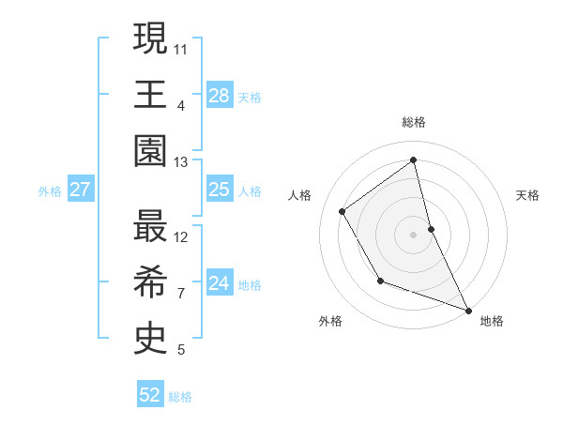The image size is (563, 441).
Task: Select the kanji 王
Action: point(150,94)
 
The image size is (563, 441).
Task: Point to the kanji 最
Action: point(150,227)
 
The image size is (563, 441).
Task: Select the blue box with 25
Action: point(219,190)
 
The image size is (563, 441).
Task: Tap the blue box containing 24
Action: point(219,283)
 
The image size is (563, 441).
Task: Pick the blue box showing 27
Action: point(81,190)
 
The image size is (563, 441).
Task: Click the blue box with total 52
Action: point(150,395)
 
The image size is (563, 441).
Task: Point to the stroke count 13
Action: point(180,163)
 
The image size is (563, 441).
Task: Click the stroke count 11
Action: point(181,48)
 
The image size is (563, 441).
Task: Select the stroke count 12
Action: point(181,237)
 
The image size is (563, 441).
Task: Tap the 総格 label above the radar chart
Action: point(414,123)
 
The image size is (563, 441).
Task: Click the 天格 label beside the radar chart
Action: point(527,195)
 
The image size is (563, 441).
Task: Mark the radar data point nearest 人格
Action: point(342,211)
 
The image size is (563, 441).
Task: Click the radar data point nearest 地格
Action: point(467,311)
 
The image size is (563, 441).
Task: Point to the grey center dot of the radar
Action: point(414,234)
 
